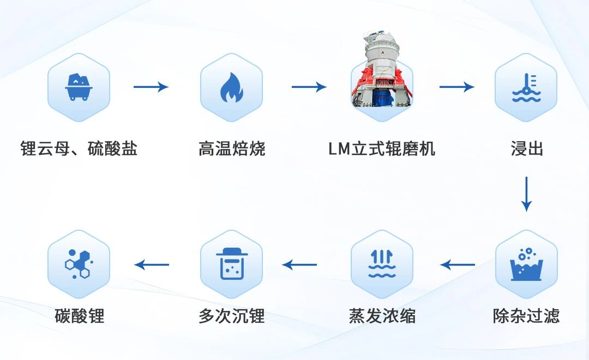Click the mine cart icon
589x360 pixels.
click(x=79, y=87)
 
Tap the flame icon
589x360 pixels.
click(x=231, y=87)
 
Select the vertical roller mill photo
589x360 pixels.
click(x=381, y=71)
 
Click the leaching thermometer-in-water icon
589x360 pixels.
click(x=526, y=87)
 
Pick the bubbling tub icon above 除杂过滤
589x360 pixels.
click(x=526, y=265)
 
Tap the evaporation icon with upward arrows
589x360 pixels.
click(x=382, y=265)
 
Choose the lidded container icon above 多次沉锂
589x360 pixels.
click(x=231, y=265)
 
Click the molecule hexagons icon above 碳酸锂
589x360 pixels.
click(x=79, y=265)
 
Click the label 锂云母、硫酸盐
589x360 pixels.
click(x=79, y=148)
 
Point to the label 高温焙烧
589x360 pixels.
click(x=232, y=148)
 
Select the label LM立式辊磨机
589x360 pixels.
click(x=382, y=148)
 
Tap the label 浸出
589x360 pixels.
click(x=527, y=148)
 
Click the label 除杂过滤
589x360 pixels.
click(x=526, y=316)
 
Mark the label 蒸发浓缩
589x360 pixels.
click(x=382, y=316)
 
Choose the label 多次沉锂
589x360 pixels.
click(x=231, y=316)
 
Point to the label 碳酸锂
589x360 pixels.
click(x=79, y=316)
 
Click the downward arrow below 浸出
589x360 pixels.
click(x=526, y=194)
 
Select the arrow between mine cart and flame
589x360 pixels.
click(x=151, y=87)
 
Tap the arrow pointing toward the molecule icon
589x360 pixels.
click(x=152, y=265)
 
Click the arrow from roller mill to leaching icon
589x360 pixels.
click(x=457, y=87)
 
